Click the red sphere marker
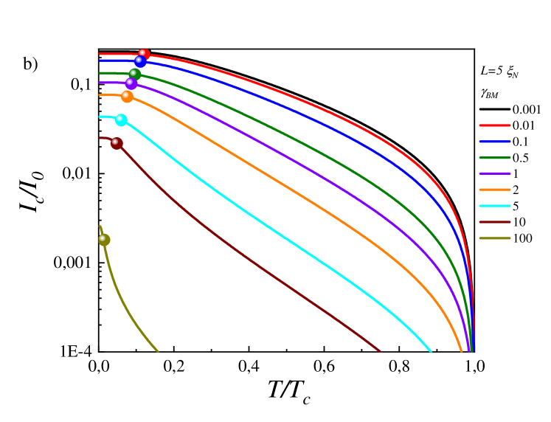point(144,55)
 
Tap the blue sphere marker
point(140,61)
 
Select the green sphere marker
point(135,75)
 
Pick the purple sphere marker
point(131,83)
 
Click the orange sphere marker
point(128,97)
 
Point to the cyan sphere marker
point(121,120)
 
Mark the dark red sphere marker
point(117,143)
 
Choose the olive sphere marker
point(104,240)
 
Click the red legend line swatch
point(495,125)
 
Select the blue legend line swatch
point(495,142)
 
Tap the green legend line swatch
point(495,158)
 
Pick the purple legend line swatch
point(495,173)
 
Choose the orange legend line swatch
point(495,190)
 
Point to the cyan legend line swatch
point(495,206)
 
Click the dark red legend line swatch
point(495,222)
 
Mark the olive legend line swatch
point(495,238)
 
